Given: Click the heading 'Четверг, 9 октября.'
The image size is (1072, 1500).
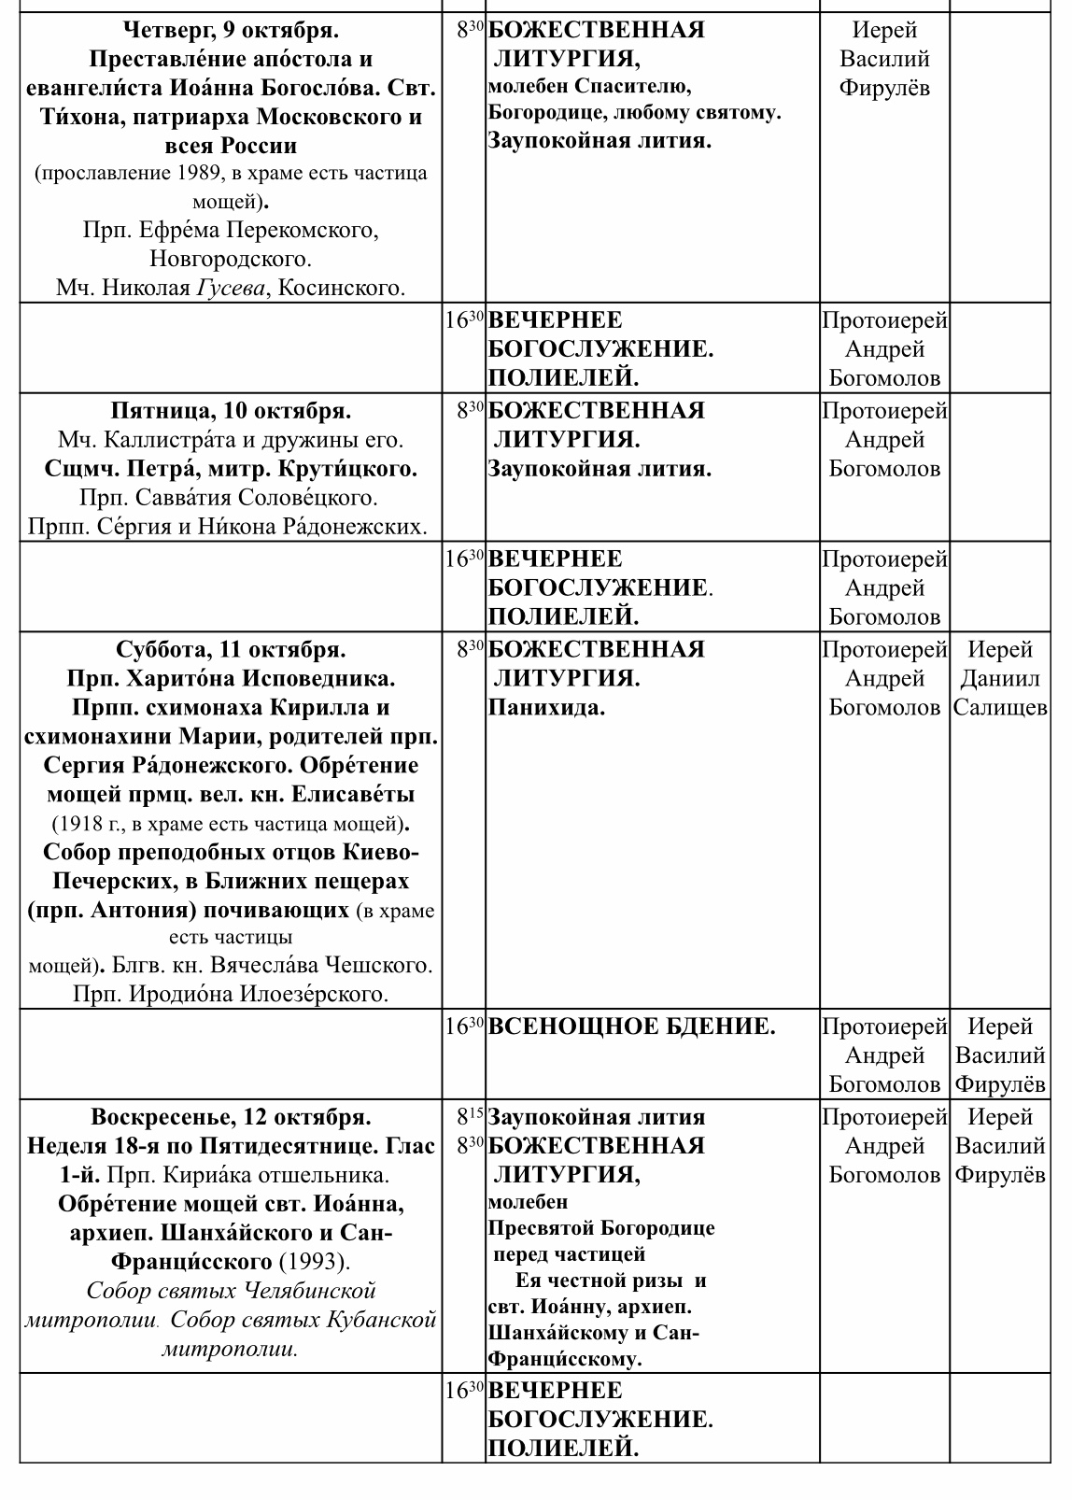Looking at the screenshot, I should (x=231, y=31).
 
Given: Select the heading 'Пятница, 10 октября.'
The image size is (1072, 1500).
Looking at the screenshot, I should (x=231, y=411).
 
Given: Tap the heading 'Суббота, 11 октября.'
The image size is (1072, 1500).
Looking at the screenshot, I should (x=231, y=649).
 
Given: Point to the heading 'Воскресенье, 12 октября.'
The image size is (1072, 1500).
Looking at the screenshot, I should (x=231, y=1117).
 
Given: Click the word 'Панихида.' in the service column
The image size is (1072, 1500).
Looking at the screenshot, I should (x=546, y=708).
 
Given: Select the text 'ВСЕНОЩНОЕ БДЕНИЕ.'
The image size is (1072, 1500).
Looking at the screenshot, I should (x=632, y=1027).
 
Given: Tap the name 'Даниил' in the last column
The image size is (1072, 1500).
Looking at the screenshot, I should (x=1000, y=679).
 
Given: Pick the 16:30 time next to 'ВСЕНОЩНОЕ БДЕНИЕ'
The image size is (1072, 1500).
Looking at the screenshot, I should (x=464, y=1027).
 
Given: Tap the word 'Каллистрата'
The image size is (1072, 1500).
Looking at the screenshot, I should (x=199, y=440).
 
